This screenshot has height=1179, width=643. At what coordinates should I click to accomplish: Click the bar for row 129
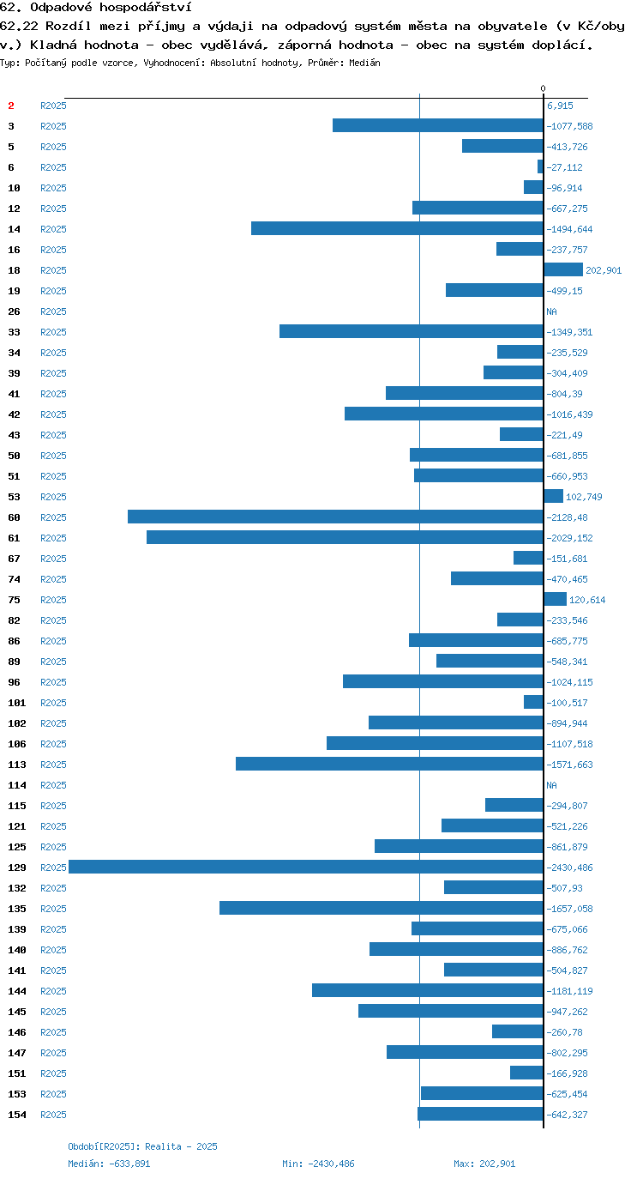click(x=305, y=867)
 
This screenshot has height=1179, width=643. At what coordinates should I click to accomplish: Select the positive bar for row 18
click(x=563, y=269)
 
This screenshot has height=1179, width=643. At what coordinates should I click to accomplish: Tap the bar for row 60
click(x=335, y=517)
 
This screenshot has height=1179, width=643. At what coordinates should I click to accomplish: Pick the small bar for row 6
click(x=540, y=166)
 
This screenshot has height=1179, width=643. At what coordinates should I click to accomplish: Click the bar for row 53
click(x=553, y=496)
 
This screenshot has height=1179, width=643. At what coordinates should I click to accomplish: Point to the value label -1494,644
click(x=569, y=229)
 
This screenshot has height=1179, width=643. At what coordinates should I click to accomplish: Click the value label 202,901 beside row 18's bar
click(x=604, y=270)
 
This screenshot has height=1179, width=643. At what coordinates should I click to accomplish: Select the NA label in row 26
click(x=551, y=311)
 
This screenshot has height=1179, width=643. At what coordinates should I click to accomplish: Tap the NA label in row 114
click(x=551, y=785)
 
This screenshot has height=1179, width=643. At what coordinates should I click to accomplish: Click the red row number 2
click(x=11, y=106)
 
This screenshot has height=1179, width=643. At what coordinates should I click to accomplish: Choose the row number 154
click(x=17, y=1115)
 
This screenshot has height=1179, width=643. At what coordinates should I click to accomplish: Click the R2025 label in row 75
click(x=54, y=600)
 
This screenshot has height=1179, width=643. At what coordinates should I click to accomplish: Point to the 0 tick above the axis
click(x=543, y=88)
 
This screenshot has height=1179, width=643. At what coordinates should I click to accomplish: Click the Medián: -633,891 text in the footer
click(x=109, y=1164)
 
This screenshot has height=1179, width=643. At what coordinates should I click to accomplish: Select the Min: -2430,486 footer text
click(x=318, y=1164)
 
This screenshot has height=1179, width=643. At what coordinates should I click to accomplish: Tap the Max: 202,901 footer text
click(x=484, y=1164)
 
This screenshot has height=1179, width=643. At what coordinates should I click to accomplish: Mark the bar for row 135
click(x=382, y=908)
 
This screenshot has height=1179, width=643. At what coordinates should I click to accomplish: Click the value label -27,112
click(x=564, y=167)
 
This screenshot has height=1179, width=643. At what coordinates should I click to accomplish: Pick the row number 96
click(x=15, y=682)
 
